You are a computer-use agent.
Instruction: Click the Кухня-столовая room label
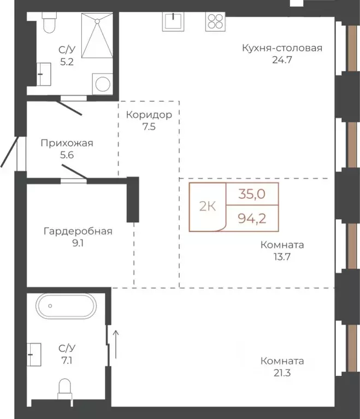(x=282, y=48)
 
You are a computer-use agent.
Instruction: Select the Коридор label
(x=149, y=115)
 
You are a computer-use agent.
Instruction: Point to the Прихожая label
(x=67, y=143)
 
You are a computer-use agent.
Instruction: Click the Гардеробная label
(x=78, y=231)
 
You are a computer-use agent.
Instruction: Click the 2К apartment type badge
(x=206, y=206)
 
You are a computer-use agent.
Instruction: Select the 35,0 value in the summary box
(x=252, y=193)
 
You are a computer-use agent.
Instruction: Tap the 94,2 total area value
(x=252, y=219)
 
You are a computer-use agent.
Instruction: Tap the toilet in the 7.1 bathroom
(x=66, y=390)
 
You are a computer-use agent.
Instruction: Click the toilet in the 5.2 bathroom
(x=49, y=24)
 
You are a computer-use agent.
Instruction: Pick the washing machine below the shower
(x=102, y=84)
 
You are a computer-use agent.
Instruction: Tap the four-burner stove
(x=215, y=21)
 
